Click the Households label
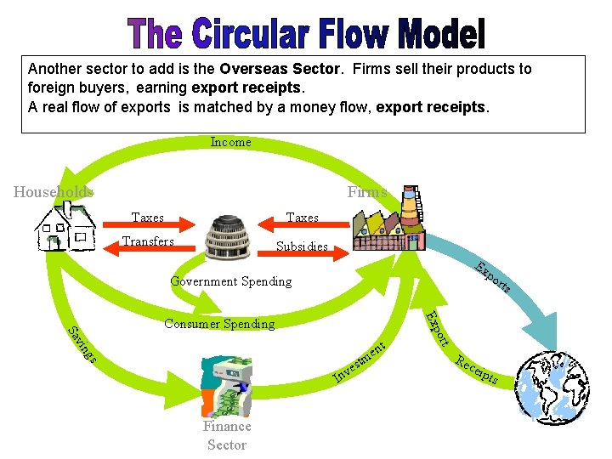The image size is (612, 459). (54, 192)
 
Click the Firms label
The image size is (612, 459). (366, 192)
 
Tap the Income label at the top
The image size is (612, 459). (230, 142)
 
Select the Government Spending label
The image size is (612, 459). (230, 280)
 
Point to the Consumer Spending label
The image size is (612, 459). (219, 323)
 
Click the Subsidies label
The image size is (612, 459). (302, 247)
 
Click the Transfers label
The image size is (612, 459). (148, 241)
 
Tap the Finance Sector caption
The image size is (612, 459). (227, 435)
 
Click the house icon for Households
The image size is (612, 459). (65, 228)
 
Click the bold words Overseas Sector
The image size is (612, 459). (276, 69)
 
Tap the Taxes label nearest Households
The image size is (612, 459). (148, 218)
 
